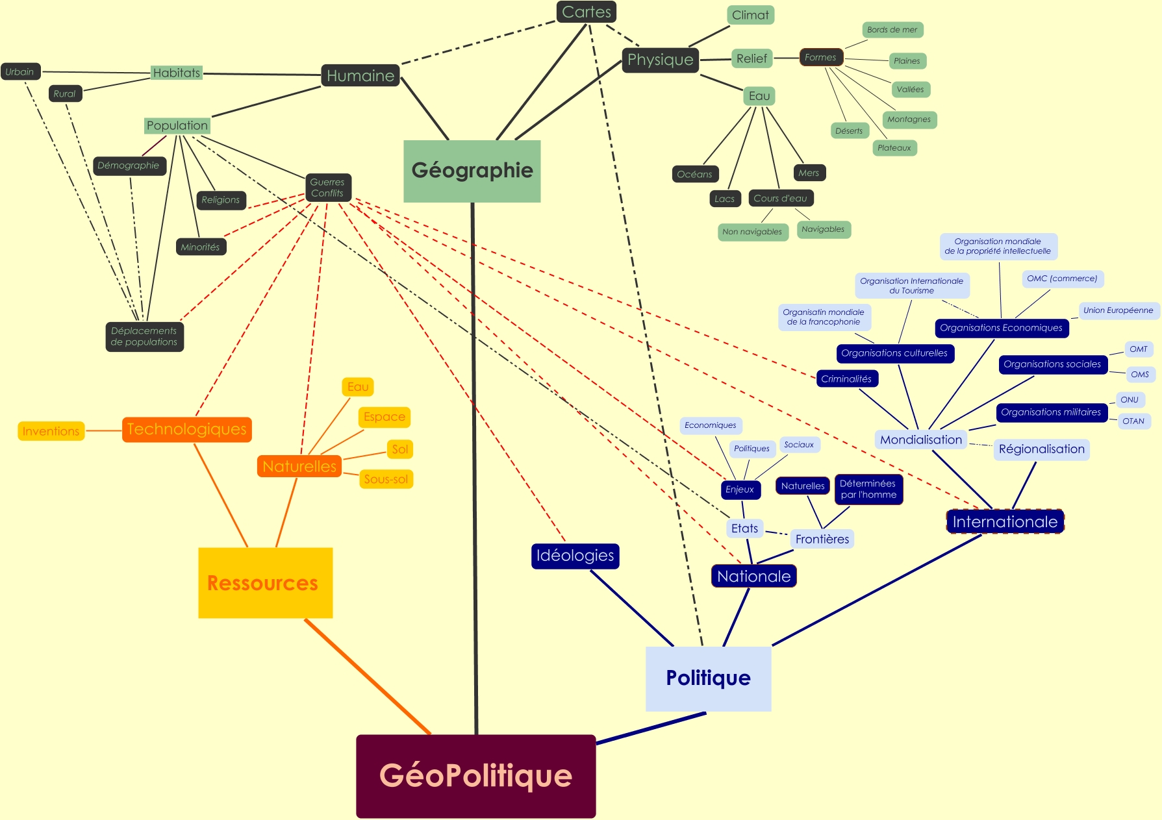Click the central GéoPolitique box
pos(475,776)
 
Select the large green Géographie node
pos(472,171)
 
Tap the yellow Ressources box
pos(265,582)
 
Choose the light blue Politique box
pos(708,678)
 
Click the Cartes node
pos(586,12)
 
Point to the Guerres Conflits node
pos(327,188)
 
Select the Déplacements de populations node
pos(144,336)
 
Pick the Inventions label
pos(51,431)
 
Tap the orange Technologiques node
pos(186,429)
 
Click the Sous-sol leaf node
pos(386,479)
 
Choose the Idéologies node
pos(575,556)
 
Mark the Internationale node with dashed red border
pos(1005,521)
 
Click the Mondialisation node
pos(920,440)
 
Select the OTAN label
pos(1133,421)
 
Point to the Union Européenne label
pos(1118,310)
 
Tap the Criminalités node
pos(846,379)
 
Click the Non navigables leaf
pos(752,232)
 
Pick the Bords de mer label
pos(892,30)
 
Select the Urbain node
pos(20,71)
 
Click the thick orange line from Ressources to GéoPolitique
pos(367,676)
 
